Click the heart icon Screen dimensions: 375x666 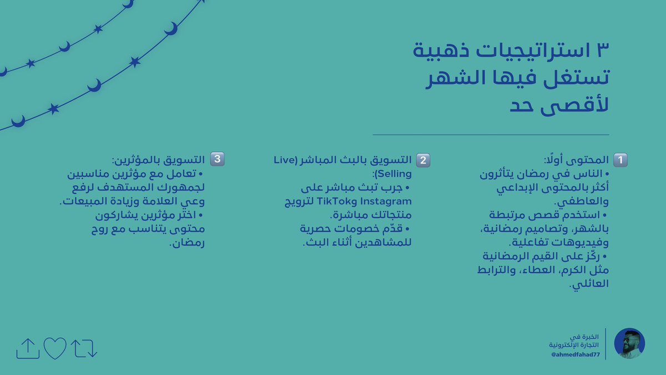click(55, 348)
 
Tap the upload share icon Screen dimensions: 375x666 click(28, 348)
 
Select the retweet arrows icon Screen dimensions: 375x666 click(84, 348)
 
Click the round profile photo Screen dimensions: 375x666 click(629, 343)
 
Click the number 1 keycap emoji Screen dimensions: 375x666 click(619, 160)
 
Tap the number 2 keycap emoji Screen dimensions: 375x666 click(423, 160)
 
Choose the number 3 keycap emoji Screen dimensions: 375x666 click(216, 159)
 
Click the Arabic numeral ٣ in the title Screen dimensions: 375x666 click(601, 53)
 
